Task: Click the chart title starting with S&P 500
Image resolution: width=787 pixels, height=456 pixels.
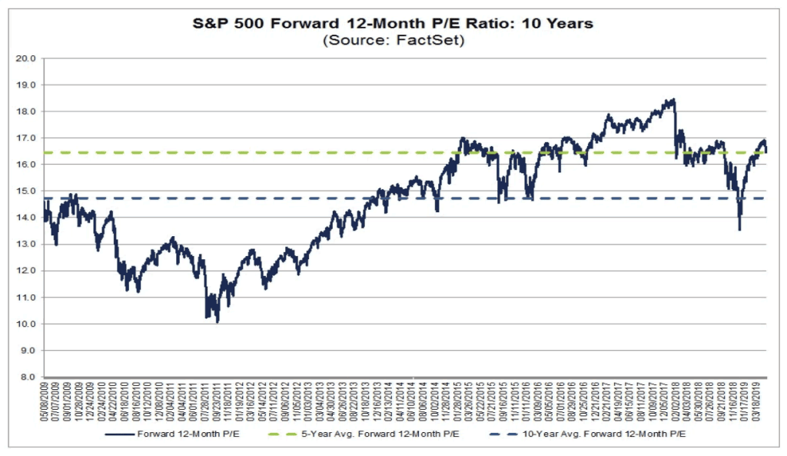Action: [393, 24]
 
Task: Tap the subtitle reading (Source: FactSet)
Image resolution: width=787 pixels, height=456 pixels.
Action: [393, 40]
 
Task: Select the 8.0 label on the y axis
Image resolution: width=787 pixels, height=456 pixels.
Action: [28, 377]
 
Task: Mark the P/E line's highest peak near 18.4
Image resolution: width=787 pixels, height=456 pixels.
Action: [673, 100]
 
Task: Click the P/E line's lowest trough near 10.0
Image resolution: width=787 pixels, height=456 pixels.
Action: [218, 321]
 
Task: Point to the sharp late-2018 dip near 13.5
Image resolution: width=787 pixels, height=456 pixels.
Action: [739, 228]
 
